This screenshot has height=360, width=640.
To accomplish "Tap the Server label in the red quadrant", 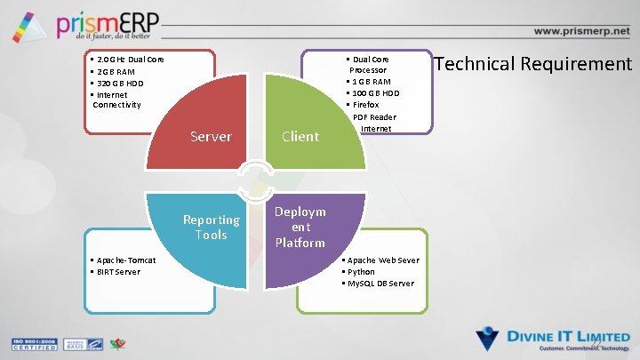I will coord(212,137).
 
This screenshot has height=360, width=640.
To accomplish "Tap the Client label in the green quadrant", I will coord(300,137).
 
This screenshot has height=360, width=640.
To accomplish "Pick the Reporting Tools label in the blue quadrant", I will coord(212,228).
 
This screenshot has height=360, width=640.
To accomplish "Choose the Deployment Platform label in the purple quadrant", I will coord(300,228).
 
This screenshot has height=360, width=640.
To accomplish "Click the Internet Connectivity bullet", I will coord(116,100).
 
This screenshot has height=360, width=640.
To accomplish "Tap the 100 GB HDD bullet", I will coord(372,93).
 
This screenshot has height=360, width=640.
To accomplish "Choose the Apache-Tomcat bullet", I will coord(124,260).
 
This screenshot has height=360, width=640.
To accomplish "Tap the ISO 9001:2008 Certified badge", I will coord(33,344).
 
